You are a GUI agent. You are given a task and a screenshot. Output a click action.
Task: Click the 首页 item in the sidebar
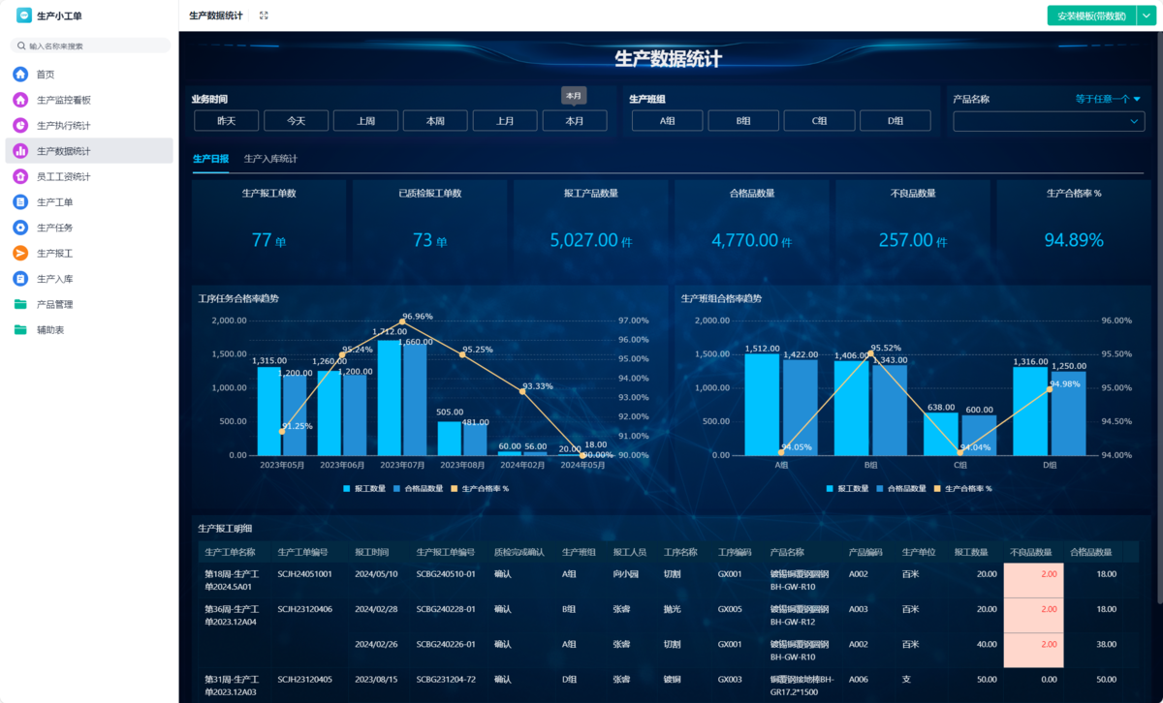46,75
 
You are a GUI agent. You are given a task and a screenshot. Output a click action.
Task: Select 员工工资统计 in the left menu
63,177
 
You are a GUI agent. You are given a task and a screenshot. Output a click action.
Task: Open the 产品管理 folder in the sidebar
54,304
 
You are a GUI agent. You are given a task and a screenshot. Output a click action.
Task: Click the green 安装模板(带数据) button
1090,15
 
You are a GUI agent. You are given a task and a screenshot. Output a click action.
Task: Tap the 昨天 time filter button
226,121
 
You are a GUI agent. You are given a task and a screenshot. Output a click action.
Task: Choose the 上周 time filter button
365,121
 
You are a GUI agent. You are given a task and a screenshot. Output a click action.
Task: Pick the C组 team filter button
819,121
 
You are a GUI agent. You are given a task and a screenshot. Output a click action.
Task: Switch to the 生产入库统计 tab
270,159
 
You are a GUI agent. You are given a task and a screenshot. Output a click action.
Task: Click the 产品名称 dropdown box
1048,122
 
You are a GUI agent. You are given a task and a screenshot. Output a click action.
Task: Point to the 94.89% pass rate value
1074,240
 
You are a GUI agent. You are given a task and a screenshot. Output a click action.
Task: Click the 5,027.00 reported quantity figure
583,240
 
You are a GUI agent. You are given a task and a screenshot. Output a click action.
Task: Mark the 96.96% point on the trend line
402,321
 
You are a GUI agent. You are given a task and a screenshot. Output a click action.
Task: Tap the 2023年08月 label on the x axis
462,466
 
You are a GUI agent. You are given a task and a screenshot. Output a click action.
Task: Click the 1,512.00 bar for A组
762,404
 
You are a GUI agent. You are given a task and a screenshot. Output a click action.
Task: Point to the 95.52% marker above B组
870,353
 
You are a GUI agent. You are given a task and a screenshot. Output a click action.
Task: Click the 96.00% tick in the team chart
1117,321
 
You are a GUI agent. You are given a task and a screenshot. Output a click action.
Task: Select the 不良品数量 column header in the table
1031,553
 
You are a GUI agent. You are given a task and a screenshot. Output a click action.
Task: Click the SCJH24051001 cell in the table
304,574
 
